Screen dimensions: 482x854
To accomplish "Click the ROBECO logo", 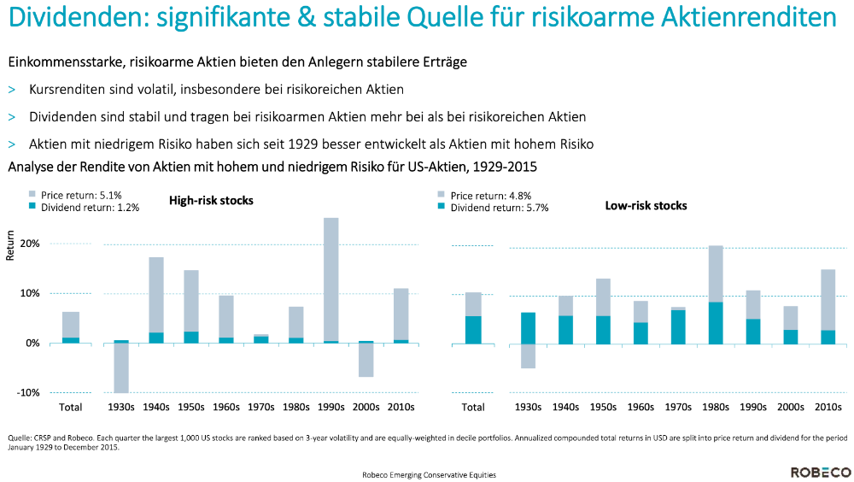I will pos(820,472).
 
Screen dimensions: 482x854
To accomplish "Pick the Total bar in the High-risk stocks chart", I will pos(70,327).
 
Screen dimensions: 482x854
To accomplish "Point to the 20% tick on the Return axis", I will pos(30,244).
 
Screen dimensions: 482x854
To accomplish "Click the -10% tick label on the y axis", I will pos(28,392).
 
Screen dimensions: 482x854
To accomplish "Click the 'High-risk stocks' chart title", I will pos(211,201).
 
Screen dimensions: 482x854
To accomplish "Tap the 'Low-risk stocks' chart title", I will pos(646,206).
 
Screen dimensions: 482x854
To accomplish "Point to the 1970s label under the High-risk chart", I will pos(260,407).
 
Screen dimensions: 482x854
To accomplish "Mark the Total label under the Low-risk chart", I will pos(473,407).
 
